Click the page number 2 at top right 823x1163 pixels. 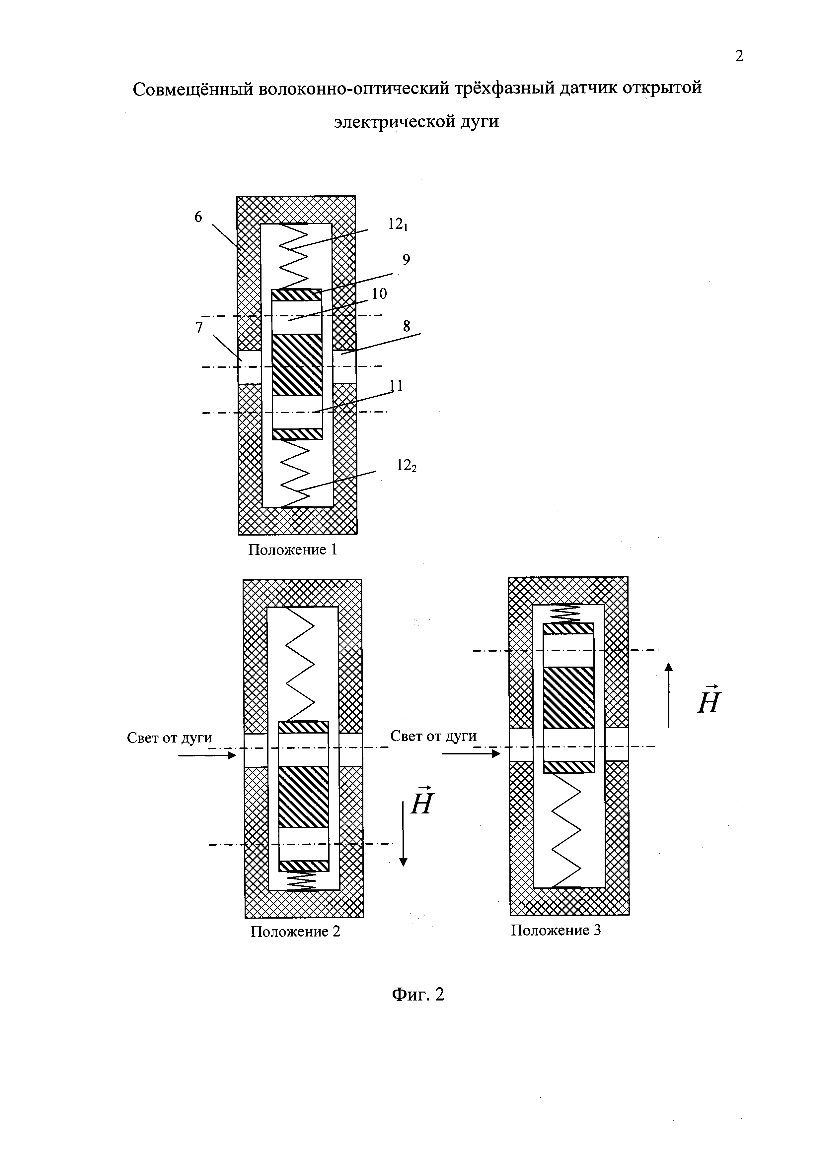(x=739, y=56)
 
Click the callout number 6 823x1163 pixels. (x=198, y=217)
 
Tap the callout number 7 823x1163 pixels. (x=199, y=328)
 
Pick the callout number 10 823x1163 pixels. (x=379, y=294)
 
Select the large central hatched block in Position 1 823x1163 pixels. (x=297, y=365)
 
